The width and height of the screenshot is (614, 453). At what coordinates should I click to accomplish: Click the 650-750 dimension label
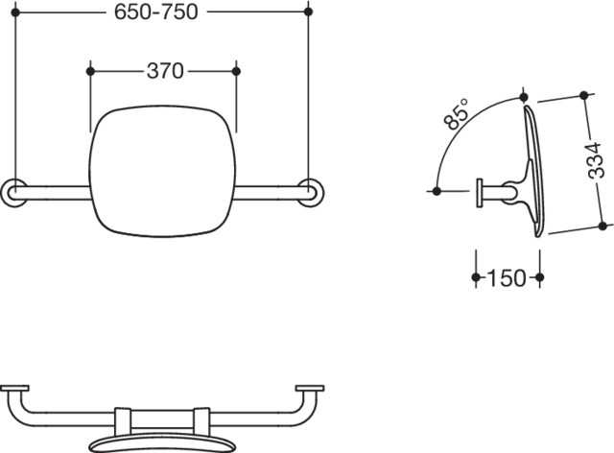pyautogui.click(x=155, y=12)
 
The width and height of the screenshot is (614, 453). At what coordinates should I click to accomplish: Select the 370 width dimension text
pyautogui.click(x=165, y=71)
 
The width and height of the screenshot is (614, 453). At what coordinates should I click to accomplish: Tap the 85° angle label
pyautogui.click(x=457, y=113)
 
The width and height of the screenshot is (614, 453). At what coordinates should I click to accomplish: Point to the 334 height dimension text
pyautogui.click(x=595, y=160)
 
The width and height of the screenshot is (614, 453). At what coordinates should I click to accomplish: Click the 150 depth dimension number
pyautogui.click(x=508, y=277)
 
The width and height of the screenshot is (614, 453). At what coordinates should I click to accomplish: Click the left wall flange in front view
pyautogui.click(x=14, y=192)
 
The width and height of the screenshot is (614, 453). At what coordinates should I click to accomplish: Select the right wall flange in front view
pyautogui.click(x=311, y=192)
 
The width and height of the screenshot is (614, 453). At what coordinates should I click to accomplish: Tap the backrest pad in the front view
pyautogui.click(x=162, y=171)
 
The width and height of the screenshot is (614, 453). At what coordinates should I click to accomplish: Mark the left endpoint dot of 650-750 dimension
pyautogui.click(x=15, y=12)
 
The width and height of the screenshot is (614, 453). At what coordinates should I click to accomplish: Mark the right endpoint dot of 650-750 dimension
pyautogui.click(x=308, y=12)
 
